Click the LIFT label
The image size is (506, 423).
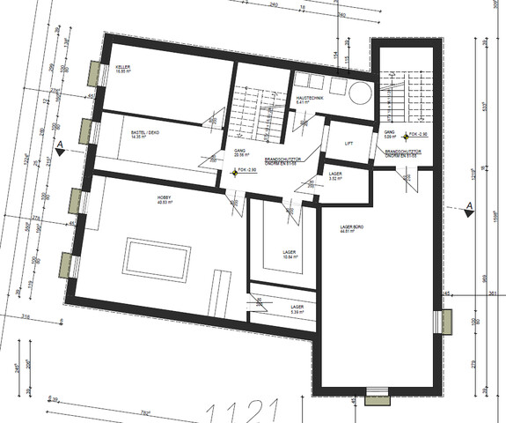point(349,142)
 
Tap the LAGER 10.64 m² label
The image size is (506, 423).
point(290,255)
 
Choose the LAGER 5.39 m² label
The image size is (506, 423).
point(297,308)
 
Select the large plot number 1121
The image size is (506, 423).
point(241,410)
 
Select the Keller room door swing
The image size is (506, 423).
point(213,115)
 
